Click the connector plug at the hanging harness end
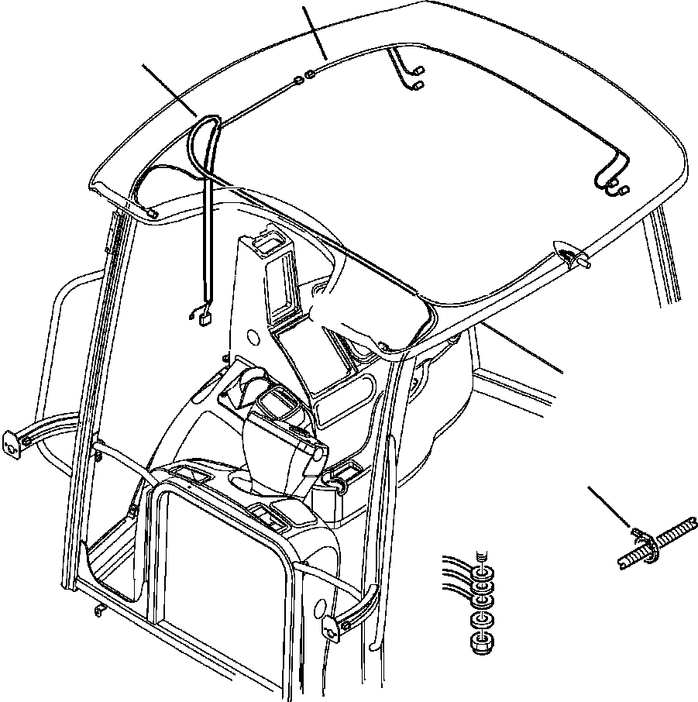[x=206, y=314]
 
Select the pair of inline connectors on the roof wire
[x=304, y=77]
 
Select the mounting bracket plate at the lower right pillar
[x=332, y=628]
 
